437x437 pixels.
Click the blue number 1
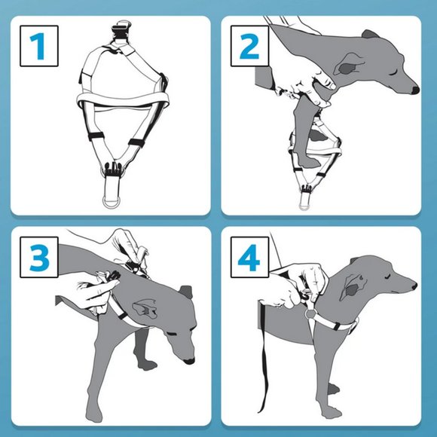[x=38, y=46]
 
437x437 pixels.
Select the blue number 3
[x=39, y=257]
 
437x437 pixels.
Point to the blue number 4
[x=249, y=257]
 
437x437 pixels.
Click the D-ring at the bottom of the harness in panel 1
[x=112, y=203]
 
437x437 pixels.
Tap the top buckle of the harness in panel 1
[x=121, y=30]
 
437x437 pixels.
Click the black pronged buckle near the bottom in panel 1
[x=113, y=169]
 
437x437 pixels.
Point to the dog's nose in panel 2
[x=416, y=90]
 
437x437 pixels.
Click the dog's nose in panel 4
[x=414, y=286]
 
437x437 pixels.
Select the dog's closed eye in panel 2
[x=394, y=73]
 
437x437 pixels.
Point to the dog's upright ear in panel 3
[x=186, y=292]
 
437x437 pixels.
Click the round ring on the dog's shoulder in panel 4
[x=310, y=314]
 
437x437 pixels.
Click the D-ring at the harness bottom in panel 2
[x=304, y=206]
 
